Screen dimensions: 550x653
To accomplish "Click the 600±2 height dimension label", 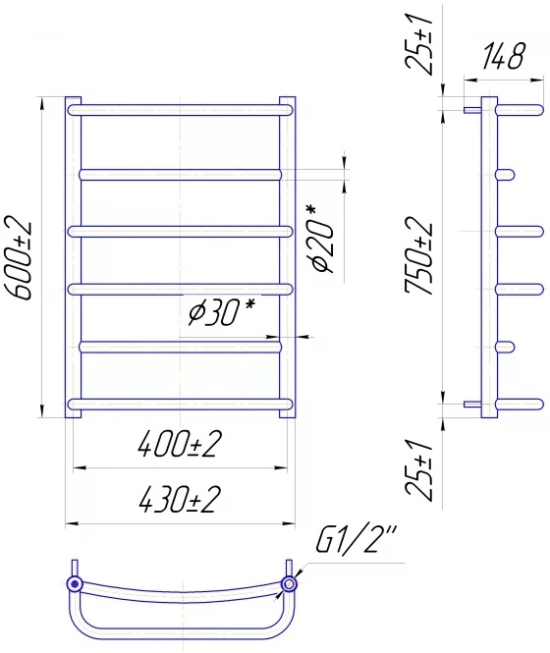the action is click(x=18, y=257).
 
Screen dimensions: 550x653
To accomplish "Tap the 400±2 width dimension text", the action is click(x=179, y=444).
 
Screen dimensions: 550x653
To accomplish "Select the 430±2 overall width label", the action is click(x=179, y=499).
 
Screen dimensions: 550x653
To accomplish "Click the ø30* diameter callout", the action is click(x=220, y=311).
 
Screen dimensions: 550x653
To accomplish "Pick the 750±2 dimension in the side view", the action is click(x=419, y=255).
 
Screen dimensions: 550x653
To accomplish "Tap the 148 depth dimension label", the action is click(x=503, y=56).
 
